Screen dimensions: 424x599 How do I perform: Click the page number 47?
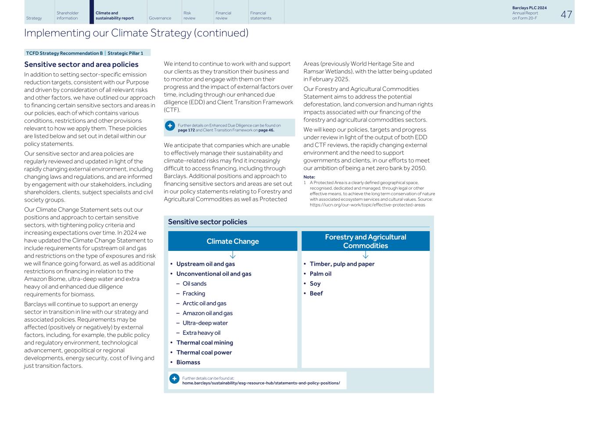[566, 14]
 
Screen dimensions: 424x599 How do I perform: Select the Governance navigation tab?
[160, 18]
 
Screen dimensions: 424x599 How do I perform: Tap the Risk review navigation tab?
[190, 15]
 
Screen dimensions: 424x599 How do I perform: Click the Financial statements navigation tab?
[261, 15]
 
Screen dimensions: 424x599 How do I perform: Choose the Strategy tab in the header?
[34, 18]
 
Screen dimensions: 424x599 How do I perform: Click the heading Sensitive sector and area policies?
[81, 65]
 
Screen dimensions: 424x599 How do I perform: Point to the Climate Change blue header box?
[233, 241]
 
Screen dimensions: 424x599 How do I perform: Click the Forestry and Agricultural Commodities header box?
[366, 241]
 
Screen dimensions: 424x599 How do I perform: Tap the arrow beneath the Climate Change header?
[233, 255]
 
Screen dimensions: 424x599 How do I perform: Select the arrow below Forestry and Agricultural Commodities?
[366, 255]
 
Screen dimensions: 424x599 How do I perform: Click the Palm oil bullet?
[320, 274]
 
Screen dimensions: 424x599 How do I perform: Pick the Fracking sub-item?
[194, 294]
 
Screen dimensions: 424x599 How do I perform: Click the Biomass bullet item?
[188, 362]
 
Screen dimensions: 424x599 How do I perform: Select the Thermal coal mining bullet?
[204, 343]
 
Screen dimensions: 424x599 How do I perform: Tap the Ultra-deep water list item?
[205, 323]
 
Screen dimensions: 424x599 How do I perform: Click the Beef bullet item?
[316, 294]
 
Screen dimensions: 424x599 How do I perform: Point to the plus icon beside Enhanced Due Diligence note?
[170, 126]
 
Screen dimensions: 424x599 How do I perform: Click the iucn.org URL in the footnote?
[367, 205]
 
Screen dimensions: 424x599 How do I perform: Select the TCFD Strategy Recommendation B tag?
[64, 53]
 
